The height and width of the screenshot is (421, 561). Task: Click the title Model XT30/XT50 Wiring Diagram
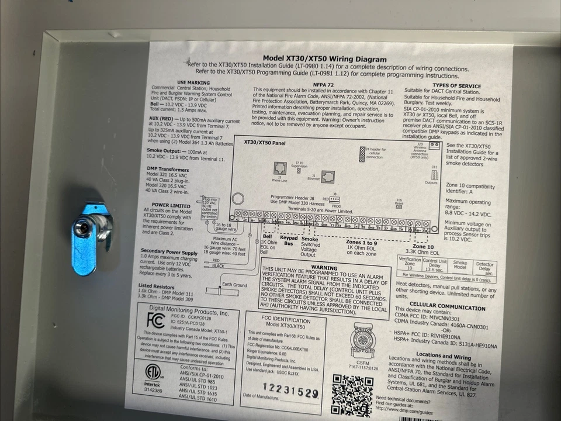pyautogui.click(x=324, y=58)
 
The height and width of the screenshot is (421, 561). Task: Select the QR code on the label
pyautogui.click(x=352, y=395)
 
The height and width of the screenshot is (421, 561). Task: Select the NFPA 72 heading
pyautogui.click(x=323, y=85)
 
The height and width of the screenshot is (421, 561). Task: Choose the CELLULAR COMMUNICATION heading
pyautogui.click(x=447, y=305)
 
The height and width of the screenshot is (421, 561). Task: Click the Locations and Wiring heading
pyautogui.click(x=444, y=356)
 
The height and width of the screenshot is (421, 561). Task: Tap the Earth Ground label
pyautogui.click(x=234, y=285)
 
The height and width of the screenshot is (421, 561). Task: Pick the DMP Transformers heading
pyautogui.click(x=168, y=169)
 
